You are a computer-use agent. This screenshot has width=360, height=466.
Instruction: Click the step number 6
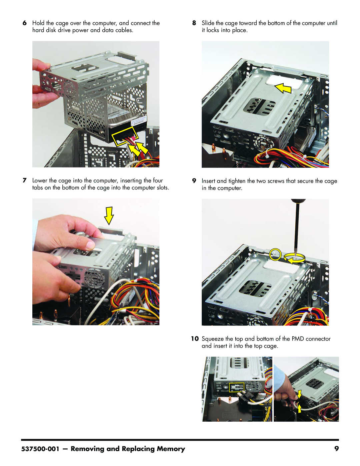[25, 23]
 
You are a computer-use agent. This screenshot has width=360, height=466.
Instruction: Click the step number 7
[25, 180]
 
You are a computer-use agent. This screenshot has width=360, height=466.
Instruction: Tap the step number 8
[194, 23]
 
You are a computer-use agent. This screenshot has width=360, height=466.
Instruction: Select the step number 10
[195, 339]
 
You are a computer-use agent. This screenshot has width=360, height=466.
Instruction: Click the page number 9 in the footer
[337, 449]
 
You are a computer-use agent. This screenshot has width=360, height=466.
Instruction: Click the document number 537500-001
[40, 449]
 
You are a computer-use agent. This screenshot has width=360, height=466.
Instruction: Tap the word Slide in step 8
[208, 23]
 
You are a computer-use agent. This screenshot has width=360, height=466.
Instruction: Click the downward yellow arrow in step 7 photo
[109, 215]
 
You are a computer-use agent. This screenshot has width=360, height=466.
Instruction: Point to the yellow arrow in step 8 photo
[283, 88]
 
